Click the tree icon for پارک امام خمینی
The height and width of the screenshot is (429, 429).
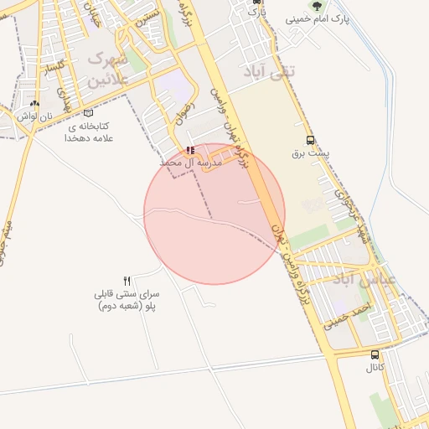[x=317, y=5]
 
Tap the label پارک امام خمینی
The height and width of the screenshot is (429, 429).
[x=317, y=18]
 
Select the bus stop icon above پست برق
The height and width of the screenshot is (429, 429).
[x=311, y=141]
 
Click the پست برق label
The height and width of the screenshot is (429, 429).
[x=311, y=154]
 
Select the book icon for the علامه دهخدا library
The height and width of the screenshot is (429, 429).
[x=89, y=125]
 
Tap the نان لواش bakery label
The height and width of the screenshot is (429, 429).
[x=34, y=116]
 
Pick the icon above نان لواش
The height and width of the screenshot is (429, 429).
[x=34, y=104]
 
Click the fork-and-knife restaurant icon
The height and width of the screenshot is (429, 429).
[x=127, y=281]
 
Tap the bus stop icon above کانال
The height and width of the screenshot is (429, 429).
[x=374, y=354]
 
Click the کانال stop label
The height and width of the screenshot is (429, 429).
[x=374, y=367]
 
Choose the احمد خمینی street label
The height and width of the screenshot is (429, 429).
[x=347, y=315]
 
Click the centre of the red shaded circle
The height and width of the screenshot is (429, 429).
[x=214, y=214]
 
